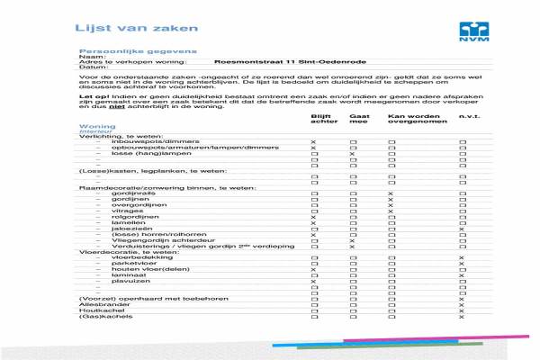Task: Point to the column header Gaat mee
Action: coord(358,120)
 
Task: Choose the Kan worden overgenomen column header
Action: coord(410,120)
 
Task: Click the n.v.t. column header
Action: coord(469,117)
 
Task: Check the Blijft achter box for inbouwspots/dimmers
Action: coord(313,142)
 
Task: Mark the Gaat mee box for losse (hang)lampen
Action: coord(353,154)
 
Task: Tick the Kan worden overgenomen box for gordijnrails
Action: coord(391,193)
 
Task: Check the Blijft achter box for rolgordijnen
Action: coord(313,217)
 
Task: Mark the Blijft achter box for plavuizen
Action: coord(313,282)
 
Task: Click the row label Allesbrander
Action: coord(101,304)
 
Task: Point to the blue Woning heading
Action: coord(96,126)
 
